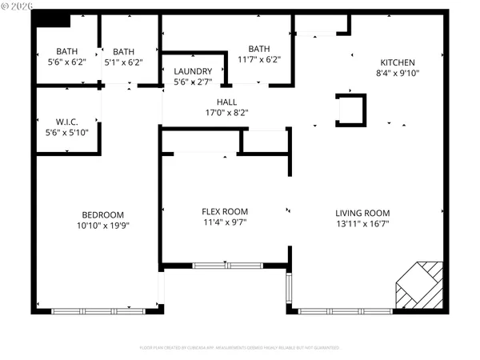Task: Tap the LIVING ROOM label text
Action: [x=362, y=213]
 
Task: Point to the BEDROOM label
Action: [x=103, y=214]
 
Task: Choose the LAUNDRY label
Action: [x=193, y=71]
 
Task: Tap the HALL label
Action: [x=226, y=102]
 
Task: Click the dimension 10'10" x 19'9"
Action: [x=103, y=226]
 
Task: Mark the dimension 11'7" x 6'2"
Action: [x=259, y=58]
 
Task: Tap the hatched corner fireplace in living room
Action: [x=419, y=286]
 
